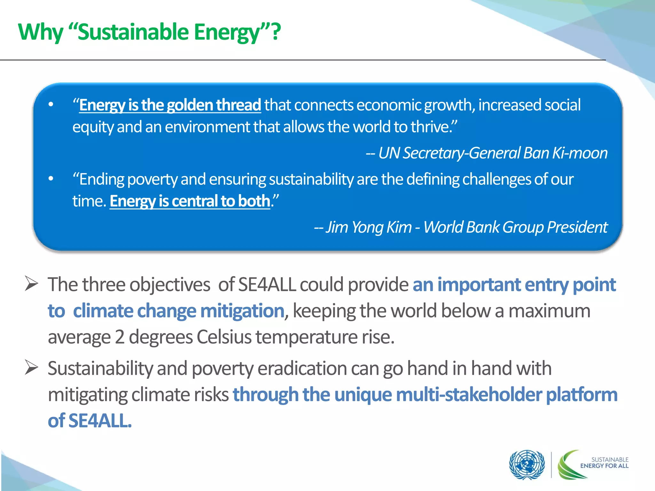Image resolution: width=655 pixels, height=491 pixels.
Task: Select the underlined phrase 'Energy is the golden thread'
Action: tap(170, 105)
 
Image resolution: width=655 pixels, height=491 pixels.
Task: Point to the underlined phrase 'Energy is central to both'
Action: tap(190, 201)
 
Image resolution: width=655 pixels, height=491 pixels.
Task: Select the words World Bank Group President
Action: tap(515, 227)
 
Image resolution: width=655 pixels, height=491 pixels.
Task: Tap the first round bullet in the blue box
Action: tap(51, 105)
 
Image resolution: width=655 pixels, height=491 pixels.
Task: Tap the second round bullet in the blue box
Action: tap(51, 179)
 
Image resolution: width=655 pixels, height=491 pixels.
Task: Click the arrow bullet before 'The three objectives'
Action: tap(32, 284)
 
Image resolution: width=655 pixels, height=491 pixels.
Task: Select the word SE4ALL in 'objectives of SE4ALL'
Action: tap(267, 284)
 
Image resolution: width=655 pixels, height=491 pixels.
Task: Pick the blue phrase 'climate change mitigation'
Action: tap(178, 311)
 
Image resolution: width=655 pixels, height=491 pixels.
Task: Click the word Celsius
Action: tap(224, 337)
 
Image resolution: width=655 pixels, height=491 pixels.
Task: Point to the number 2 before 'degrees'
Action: tap(120, 337)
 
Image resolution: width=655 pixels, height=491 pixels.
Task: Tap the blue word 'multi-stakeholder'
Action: tap(469, 394)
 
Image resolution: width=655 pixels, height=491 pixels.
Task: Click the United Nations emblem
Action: tap(527, 465)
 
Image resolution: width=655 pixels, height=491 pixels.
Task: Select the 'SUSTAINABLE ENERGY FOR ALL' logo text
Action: tap(604, 463)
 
